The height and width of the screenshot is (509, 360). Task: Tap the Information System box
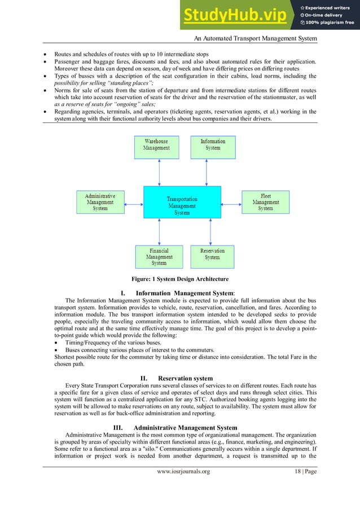click(x=212, y=144)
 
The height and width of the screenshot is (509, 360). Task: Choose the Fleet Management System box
click(x=265, y=202)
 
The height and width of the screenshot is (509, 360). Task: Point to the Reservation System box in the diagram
click(x=212, y=254)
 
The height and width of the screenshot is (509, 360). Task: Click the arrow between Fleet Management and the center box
click(x=231, y=202)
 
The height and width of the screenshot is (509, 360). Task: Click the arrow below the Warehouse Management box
click(x=160, y=173)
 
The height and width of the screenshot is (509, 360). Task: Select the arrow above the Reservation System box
click(x=209, y=231)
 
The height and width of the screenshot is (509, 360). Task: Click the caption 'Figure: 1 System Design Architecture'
click(x=180, y=279)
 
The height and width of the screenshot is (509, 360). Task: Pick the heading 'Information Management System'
click(x=185, y=293)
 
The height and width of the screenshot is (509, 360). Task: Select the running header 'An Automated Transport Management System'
click(x=254, y=38)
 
